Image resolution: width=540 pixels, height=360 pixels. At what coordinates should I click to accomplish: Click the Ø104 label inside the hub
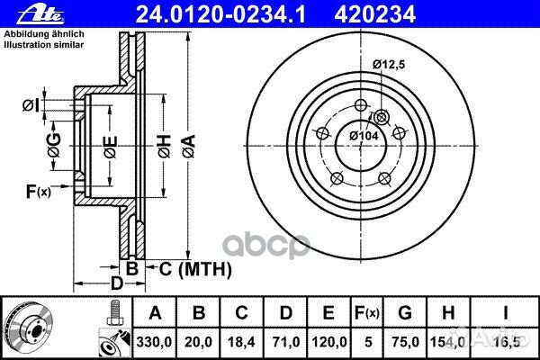[x=364, y=134]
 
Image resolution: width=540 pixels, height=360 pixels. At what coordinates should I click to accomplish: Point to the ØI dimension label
[x=30, y=105]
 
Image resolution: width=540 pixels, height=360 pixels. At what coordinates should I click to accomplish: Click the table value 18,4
[x=240, y=340]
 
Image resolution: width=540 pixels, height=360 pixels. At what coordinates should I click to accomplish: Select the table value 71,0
[x=285, y=340]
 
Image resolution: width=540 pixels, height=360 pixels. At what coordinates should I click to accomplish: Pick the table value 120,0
[x=330, y=340]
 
